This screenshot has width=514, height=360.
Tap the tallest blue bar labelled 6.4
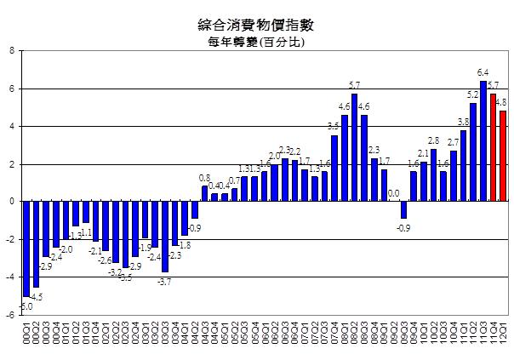click(x=483, y=141)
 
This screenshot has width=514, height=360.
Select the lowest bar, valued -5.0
click(x=26, y=249)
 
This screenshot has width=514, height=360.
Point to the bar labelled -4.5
click(x=36, y=244)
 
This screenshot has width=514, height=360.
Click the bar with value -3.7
click(x=164, y=237)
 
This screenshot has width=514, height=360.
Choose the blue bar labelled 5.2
click(x=473, y=152)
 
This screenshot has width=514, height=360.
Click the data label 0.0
click(x=393, y=193)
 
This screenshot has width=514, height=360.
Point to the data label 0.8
click(x=204, y=178)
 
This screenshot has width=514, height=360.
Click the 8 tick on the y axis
click(x=11, y=51)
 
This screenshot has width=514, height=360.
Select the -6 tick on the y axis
click(x=10, y=315)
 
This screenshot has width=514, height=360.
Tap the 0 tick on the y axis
click(x=11, y=202)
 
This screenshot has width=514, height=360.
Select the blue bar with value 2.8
click(x=433, y=175)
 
